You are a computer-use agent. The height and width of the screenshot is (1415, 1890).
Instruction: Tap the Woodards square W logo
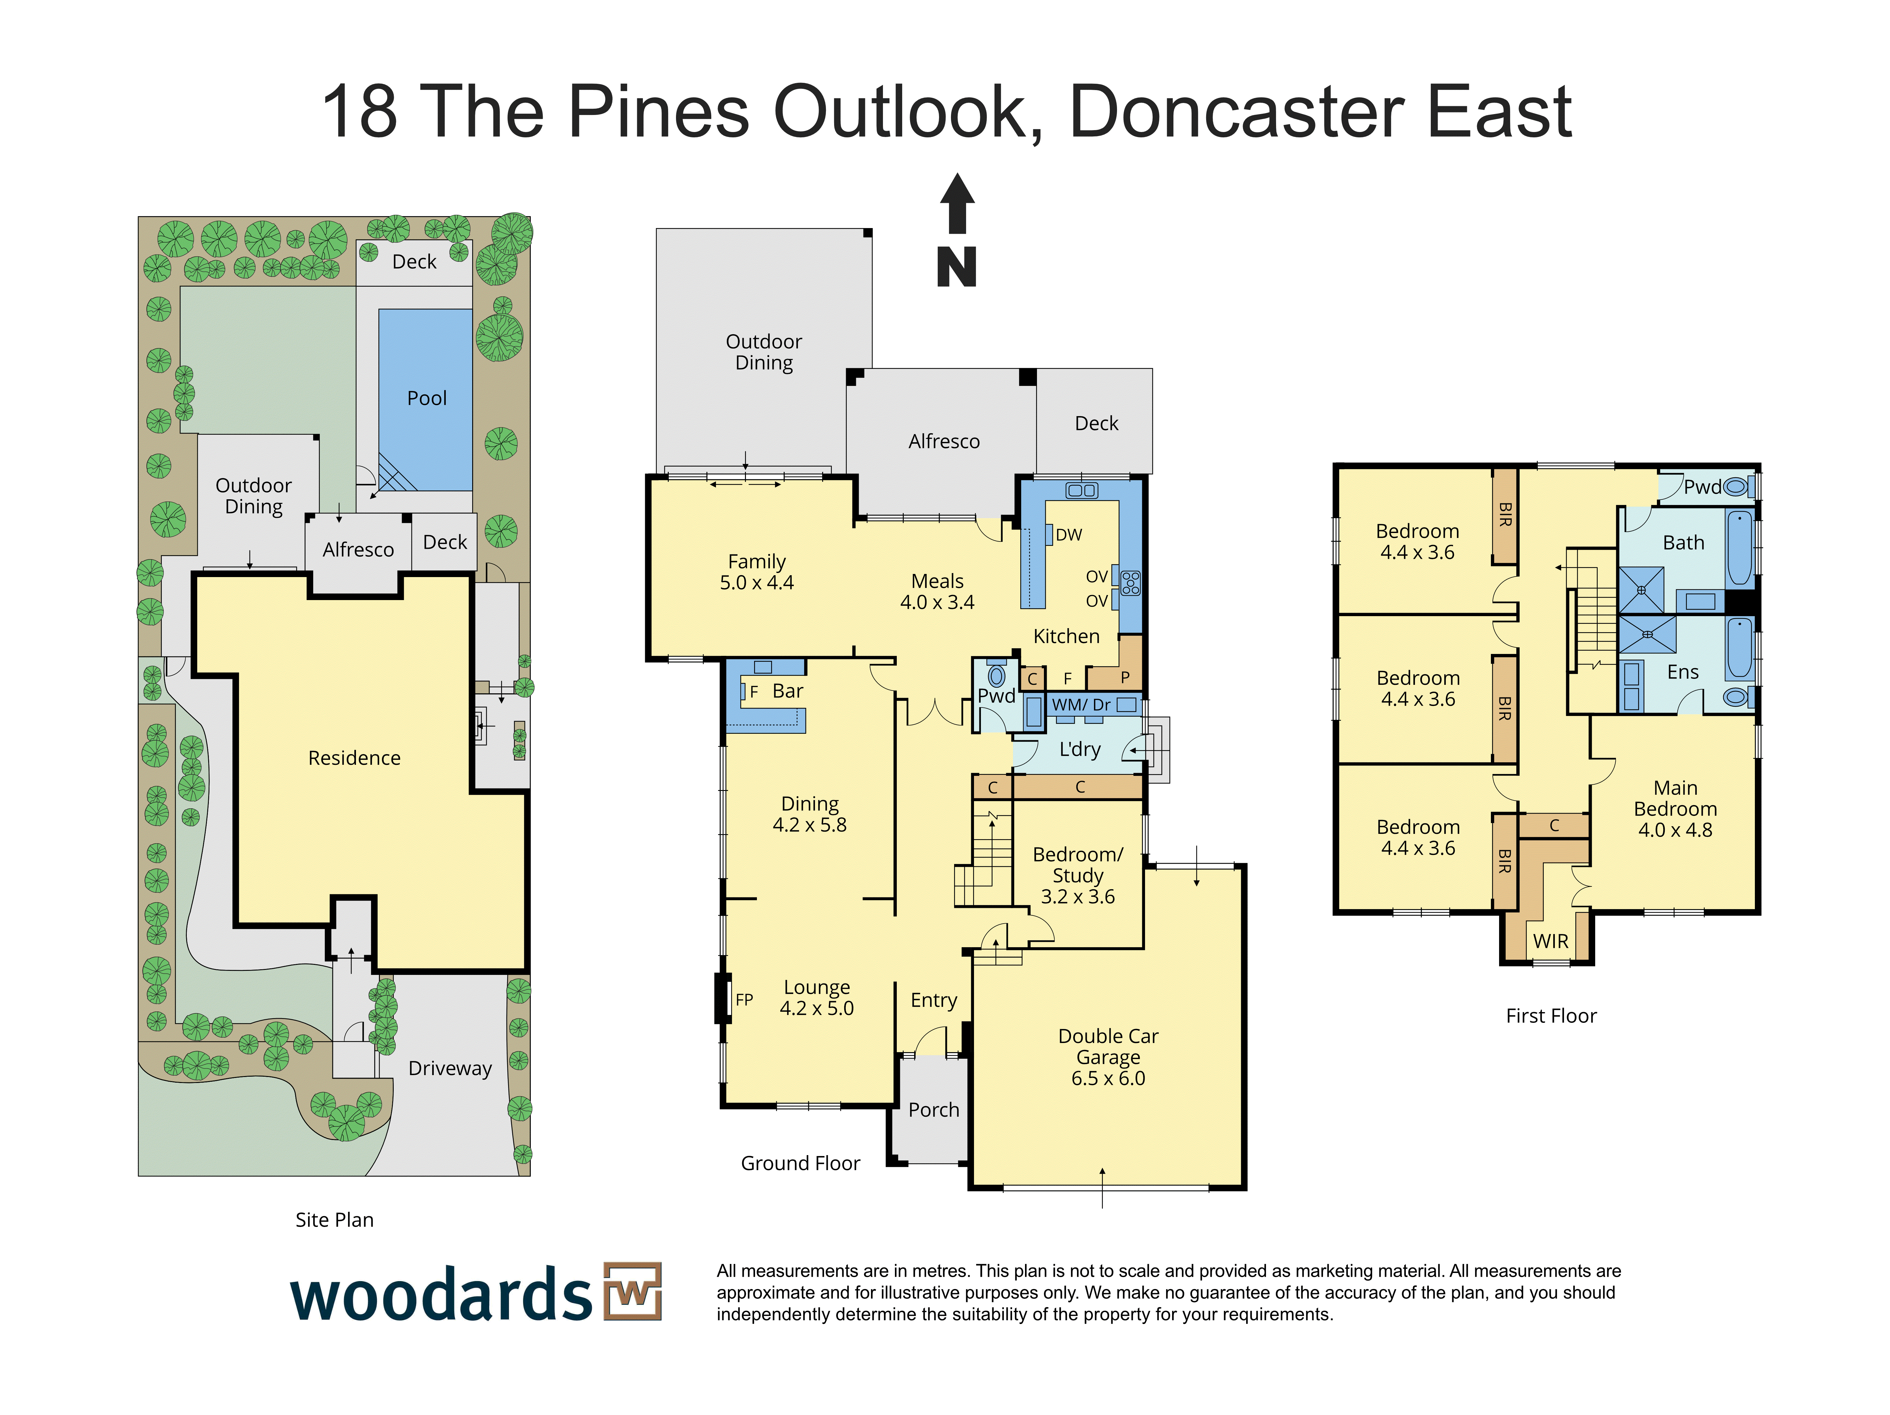(x=632, y=1291)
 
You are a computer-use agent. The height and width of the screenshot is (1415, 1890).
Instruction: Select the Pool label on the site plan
(x=427, y=398)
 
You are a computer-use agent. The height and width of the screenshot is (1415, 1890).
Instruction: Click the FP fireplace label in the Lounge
(x=744, y=1000)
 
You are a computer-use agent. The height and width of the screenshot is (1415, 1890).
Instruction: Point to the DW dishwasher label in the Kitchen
(x=1069, y=535)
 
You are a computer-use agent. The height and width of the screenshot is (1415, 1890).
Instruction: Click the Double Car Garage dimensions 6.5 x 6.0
(x=1108, y=1078)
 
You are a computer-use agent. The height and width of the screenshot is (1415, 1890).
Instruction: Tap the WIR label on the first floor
(x=1551, y=942)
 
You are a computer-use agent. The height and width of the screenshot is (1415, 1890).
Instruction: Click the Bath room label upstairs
(x=1683, y=542)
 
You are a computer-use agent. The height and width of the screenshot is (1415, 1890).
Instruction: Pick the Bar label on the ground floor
(x=788, y=691)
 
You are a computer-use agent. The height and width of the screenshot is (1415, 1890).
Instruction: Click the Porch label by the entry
(x=934, y=1110)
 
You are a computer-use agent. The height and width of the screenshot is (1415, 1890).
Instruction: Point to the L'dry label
(x=1080, y=749)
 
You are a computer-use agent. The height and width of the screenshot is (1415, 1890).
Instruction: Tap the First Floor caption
(x=1551, y=1016)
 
